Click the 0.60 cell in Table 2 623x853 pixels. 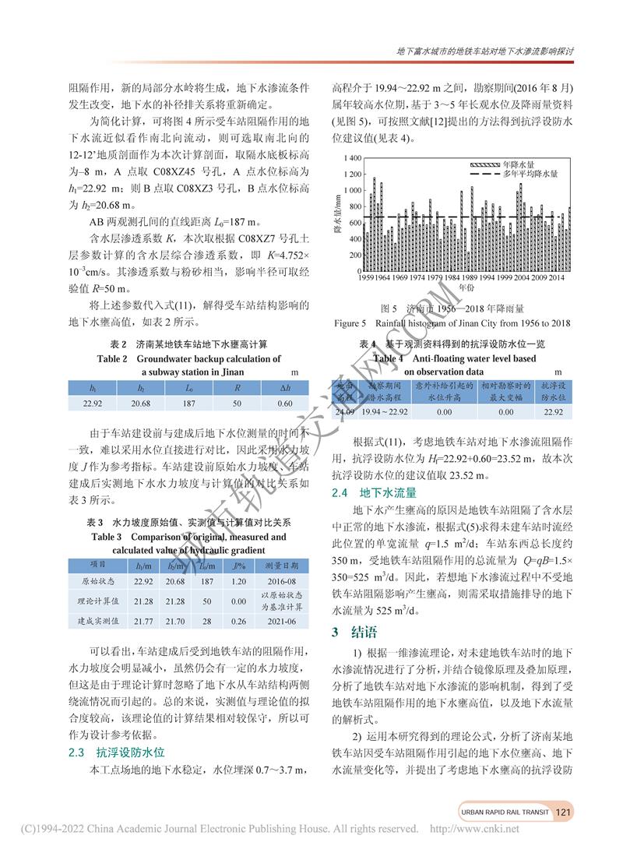(285, 404)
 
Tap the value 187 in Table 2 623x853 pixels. (190, 404)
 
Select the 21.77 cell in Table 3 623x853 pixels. (143, 620)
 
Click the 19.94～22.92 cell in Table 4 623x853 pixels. (386, 411)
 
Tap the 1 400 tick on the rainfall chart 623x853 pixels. (352, 158)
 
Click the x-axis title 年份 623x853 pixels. (466, 287)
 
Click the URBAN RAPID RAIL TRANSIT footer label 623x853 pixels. (505, 813)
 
